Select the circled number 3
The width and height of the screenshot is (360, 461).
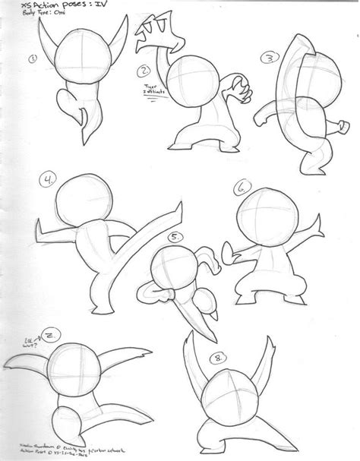point(267,58)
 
